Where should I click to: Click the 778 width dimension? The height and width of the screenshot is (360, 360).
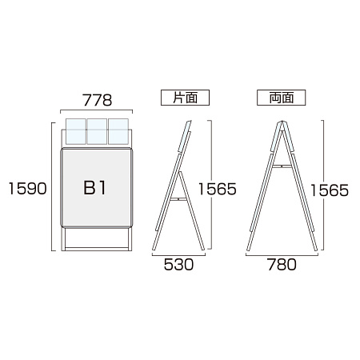[x=97, y=100]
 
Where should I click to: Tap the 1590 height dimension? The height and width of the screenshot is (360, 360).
[x=28, y=189]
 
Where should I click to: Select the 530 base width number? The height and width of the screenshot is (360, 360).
[x=178, y=265]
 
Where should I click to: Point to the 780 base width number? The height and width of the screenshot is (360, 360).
[x=282, y=265]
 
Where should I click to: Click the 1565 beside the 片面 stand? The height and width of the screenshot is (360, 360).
[x=218, y=189]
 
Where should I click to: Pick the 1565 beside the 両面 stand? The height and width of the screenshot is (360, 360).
[x=330, y=190]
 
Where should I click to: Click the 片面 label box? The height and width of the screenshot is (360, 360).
[x=185, y=98]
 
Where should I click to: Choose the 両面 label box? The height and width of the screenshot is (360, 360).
[x=282, y=98]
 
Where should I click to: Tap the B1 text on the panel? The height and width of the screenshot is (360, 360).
[x=94, y=188]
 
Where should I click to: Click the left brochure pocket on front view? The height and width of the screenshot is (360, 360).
[x=76, y=131]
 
